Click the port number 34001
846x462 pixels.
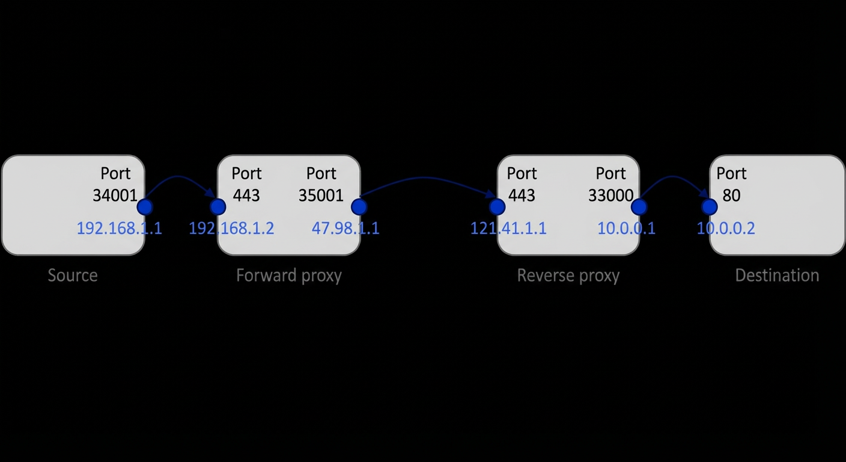[x=115, y=196]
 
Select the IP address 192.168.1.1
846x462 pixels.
[x=120, y=229]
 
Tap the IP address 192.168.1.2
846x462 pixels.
[x=231, y=229]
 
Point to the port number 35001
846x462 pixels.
[x=321, y=196]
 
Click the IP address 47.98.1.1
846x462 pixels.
[x=345, y=229]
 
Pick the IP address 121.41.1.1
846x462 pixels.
[x=508, y=229]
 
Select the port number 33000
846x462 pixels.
[x=610, y=196]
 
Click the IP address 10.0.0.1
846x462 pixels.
[x=626, y=229]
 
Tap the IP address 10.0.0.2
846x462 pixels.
[x=726, y=229]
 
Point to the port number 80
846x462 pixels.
[x=732, y=196]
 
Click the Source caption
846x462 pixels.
[x=73, y=276]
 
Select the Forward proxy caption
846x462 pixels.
[x=289, y=276]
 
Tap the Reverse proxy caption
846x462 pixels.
[x=568, y=276]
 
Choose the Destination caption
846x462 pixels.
[x=778, y=276]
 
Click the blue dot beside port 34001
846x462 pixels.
[x=145, y=207]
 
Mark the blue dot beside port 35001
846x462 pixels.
[x=359, y=207]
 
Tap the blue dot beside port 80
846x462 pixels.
[x=710, y=207]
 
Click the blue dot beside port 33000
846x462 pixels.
[x=639, y=207]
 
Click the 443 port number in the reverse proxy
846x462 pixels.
[x=522, y=196]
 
